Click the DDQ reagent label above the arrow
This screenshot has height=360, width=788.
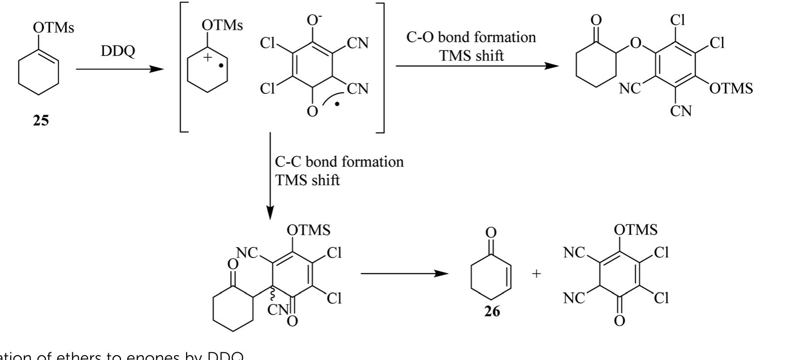(118, 51)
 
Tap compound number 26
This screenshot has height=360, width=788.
(492, 311)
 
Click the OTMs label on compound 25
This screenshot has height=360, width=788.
(53, 28)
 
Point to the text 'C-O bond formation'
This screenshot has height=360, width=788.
(471, 37)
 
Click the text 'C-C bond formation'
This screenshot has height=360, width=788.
(339, 161)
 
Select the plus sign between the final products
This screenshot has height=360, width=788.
(536, 274)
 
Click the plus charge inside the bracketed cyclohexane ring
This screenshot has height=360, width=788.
(208, 57)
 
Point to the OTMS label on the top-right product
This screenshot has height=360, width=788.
(731, 88)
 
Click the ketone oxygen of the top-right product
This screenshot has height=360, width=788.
(596, 20)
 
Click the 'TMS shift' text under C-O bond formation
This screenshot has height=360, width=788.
(471, 56)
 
